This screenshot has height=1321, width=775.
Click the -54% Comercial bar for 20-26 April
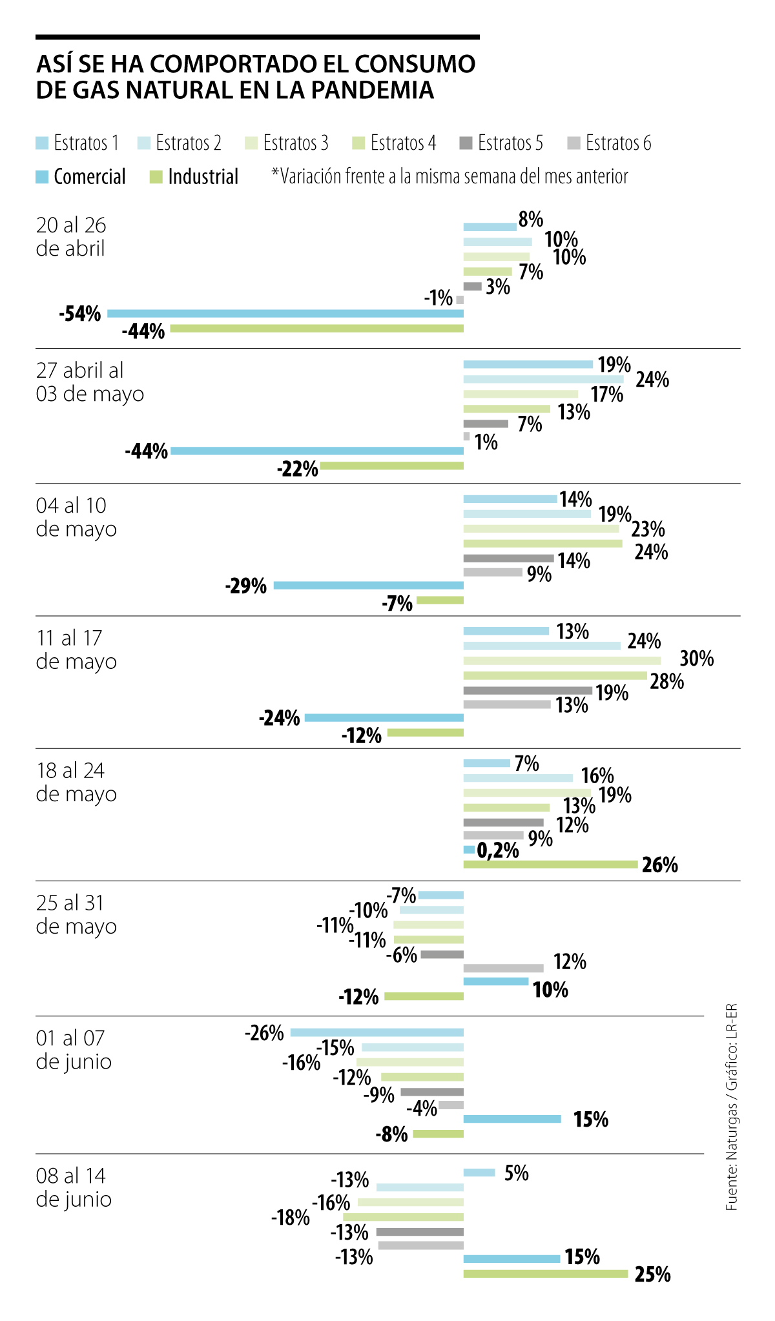click(x=285, y=313)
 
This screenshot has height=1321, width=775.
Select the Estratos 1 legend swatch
click(x=42, y=143)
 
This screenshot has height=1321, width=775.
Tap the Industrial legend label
click(x=203, y=176)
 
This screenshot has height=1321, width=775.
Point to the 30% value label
click(x=696, y=659)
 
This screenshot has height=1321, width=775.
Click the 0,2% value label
click(x=498, y=850)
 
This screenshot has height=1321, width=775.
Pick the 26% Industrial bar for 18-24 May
click(x=550, y=865)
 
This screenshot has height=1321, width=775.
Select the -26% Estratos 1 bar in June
click(x=377, y=1032)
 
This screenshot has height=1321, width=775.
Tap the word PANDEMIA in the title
click(x=372, y=90)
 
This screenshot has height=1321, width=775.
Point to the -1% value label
click(x=438, y=298)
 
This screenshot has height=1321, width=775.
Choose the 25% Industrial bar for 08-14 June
click(x=546, y=1274)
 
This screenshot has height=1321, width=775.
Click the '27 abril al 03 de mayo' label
click(x=90, y=382)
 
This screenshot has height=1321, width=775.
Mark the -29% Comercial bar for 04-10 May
click(x=368, y=586)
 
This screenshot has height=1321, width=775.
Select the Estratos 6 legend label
click(x=618, y=143)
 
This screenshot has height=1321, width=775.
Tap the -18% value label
click(x=291, y=1218)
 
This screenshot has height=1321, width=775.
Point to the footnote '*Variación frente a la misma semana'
click(x=449, y=176)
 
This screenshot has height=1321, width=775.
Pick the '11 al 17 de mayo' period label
click(x=76, y=650)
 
